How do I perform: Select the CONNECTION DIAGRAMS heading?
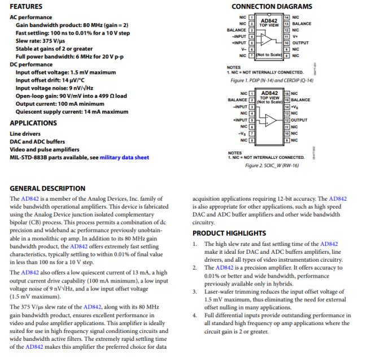[x=272, y=6]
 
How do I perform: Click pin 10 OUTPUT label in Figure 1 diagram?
[x=301, y=42]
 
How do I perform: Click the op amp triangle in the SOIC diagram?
[x=270, y=120]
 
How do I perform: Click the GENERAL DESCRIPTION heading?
[x=47, y=188]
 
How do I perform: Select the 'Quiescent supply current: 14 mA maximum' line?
[x=72, y=112]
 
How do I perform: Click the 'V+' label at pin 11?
[x=294, y=36]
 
